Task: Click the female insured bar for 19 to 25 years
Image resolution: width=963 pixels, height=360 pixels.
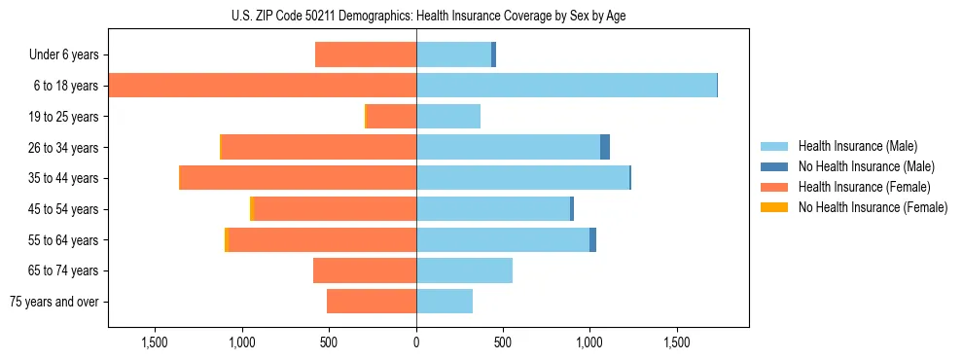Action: [x=391, y=117]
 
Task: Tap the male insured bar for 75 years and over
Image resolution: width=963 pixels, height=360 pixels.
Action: [x=445, y=302]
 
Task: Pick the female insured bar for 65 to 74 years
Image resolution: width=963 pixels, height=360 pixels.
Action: [x=365, y=270]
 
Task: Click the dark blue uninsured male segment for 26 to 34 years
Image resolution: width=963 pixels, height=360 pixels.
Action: [x=605, y=147]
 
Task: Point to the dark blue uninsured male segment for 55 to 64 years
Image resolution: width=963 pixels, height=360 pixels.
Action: [x=592, y=240]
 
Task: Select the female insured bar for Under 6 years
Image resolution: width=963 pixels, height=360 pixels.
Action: [x=366, y=55]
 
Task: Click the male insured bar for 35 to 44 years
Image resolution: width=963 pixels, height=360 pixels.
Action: [x=522, y=178]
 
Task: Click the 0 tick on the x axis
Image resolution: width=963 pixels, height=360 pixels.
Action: [x=416, y=342]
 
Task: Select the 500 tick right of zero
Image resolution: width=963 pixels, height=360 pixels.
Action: [x=503, y=342]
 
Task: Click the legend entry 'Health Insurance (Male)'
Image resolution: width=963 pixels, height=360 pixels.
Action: [x=857, y=146]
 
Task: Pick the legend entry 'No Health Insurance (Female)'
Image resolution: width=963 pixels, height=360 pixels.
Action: [x=873, y=207]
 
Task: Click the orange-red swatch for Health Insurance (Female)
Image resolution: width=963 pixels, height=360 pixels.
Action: [x=774, y=187]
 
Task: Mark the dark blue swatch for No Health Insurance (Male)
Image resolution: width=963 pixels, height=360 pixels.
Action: [x=774, y=166]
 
